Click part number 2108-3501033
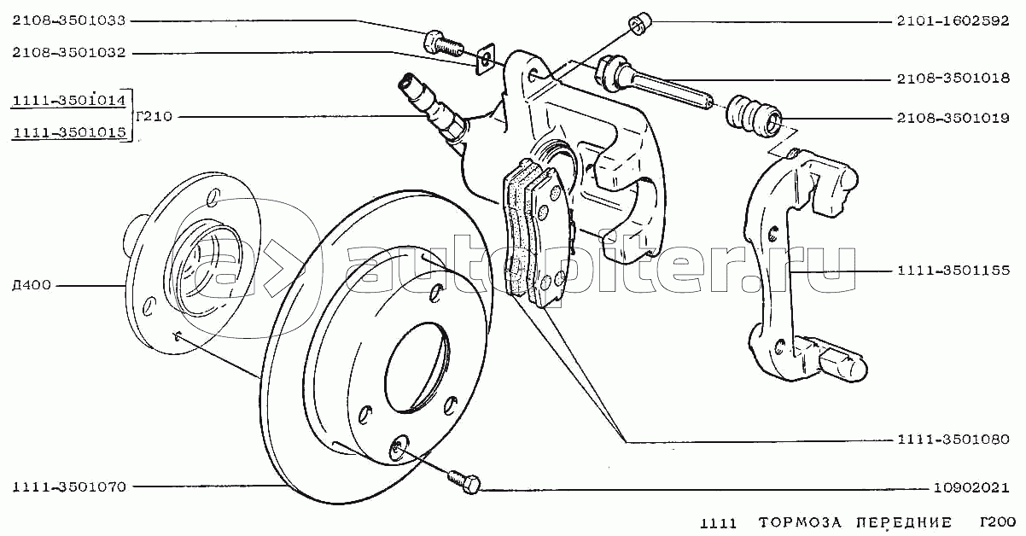coord(69,20)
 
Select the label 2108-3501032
coord(69,53)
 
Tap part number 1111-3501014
coord(69,102)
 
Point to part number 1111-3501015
coord(69,131)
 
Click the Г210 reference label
coord(154,117)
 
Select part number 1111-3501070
coord(69,487)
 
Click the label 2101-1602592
coord(953,21)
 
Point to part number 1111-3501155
coord(953,271)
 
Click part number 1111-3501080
coord(953,441)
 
